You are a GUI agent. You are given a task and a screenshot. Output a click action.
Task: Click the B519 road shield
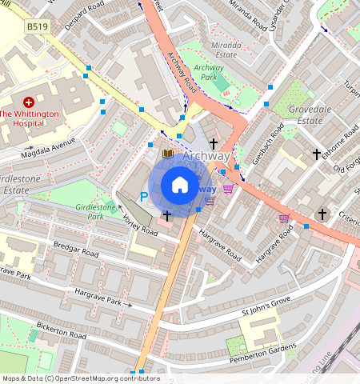[x=36, y=26]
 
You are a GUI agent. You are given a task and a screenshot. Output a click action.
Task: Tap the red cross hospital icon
[x=29, y=102]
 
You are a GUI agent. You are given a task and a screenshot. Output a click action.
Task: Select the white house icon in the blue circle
[x=180, y=186]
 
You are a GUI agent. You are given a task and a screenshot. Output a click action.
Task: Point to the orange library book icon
[x=167, y=153]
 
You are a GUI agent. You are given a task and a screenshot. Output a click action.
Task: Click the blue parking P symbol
[x=144, y=196]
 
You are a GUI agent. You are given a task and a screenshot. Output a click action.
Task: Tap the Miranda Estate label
[x=226, y=50]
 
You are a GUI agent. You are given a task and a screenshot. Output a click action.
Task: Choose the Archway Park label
[x=210, y=73]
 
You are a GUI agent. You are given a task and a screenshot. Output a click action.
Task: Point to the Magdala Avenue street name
[x=50, y=147]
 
